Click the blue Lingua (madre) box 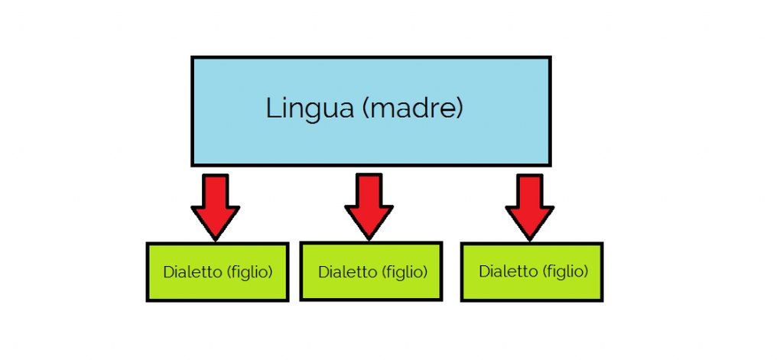click(x=371, y=112)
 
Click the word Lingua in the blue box click(x=310, y=109)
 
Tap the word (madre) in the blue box click(x=411, y=109)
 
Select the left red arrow click(x=215, y=206)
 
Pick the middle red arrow click(x=369, y=206)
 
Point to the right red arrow click(x=530, y=206)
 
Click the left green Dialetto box click(x=217, y=272)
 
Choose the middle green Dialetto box click(x=371, y=271)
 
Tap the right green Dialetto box click(x=532, y=272)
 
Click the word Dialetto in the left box click(x=192, y=272)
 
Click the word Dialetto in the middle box click(x=347, y=272)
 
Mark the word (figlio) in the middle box click(x=405, y=273)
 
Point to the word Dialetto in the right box click(x=508, y=271)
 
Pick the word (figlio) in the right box click(x=566, y=272)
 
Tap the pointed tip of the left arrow click(x=215, y=241)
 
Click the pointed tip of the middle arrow click(x=369, y=240)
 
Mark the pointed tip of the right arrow click(x=530, y=241)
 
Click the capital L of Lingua click(x=273, y=109)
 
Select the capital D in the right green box click(x=484, y=271)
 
